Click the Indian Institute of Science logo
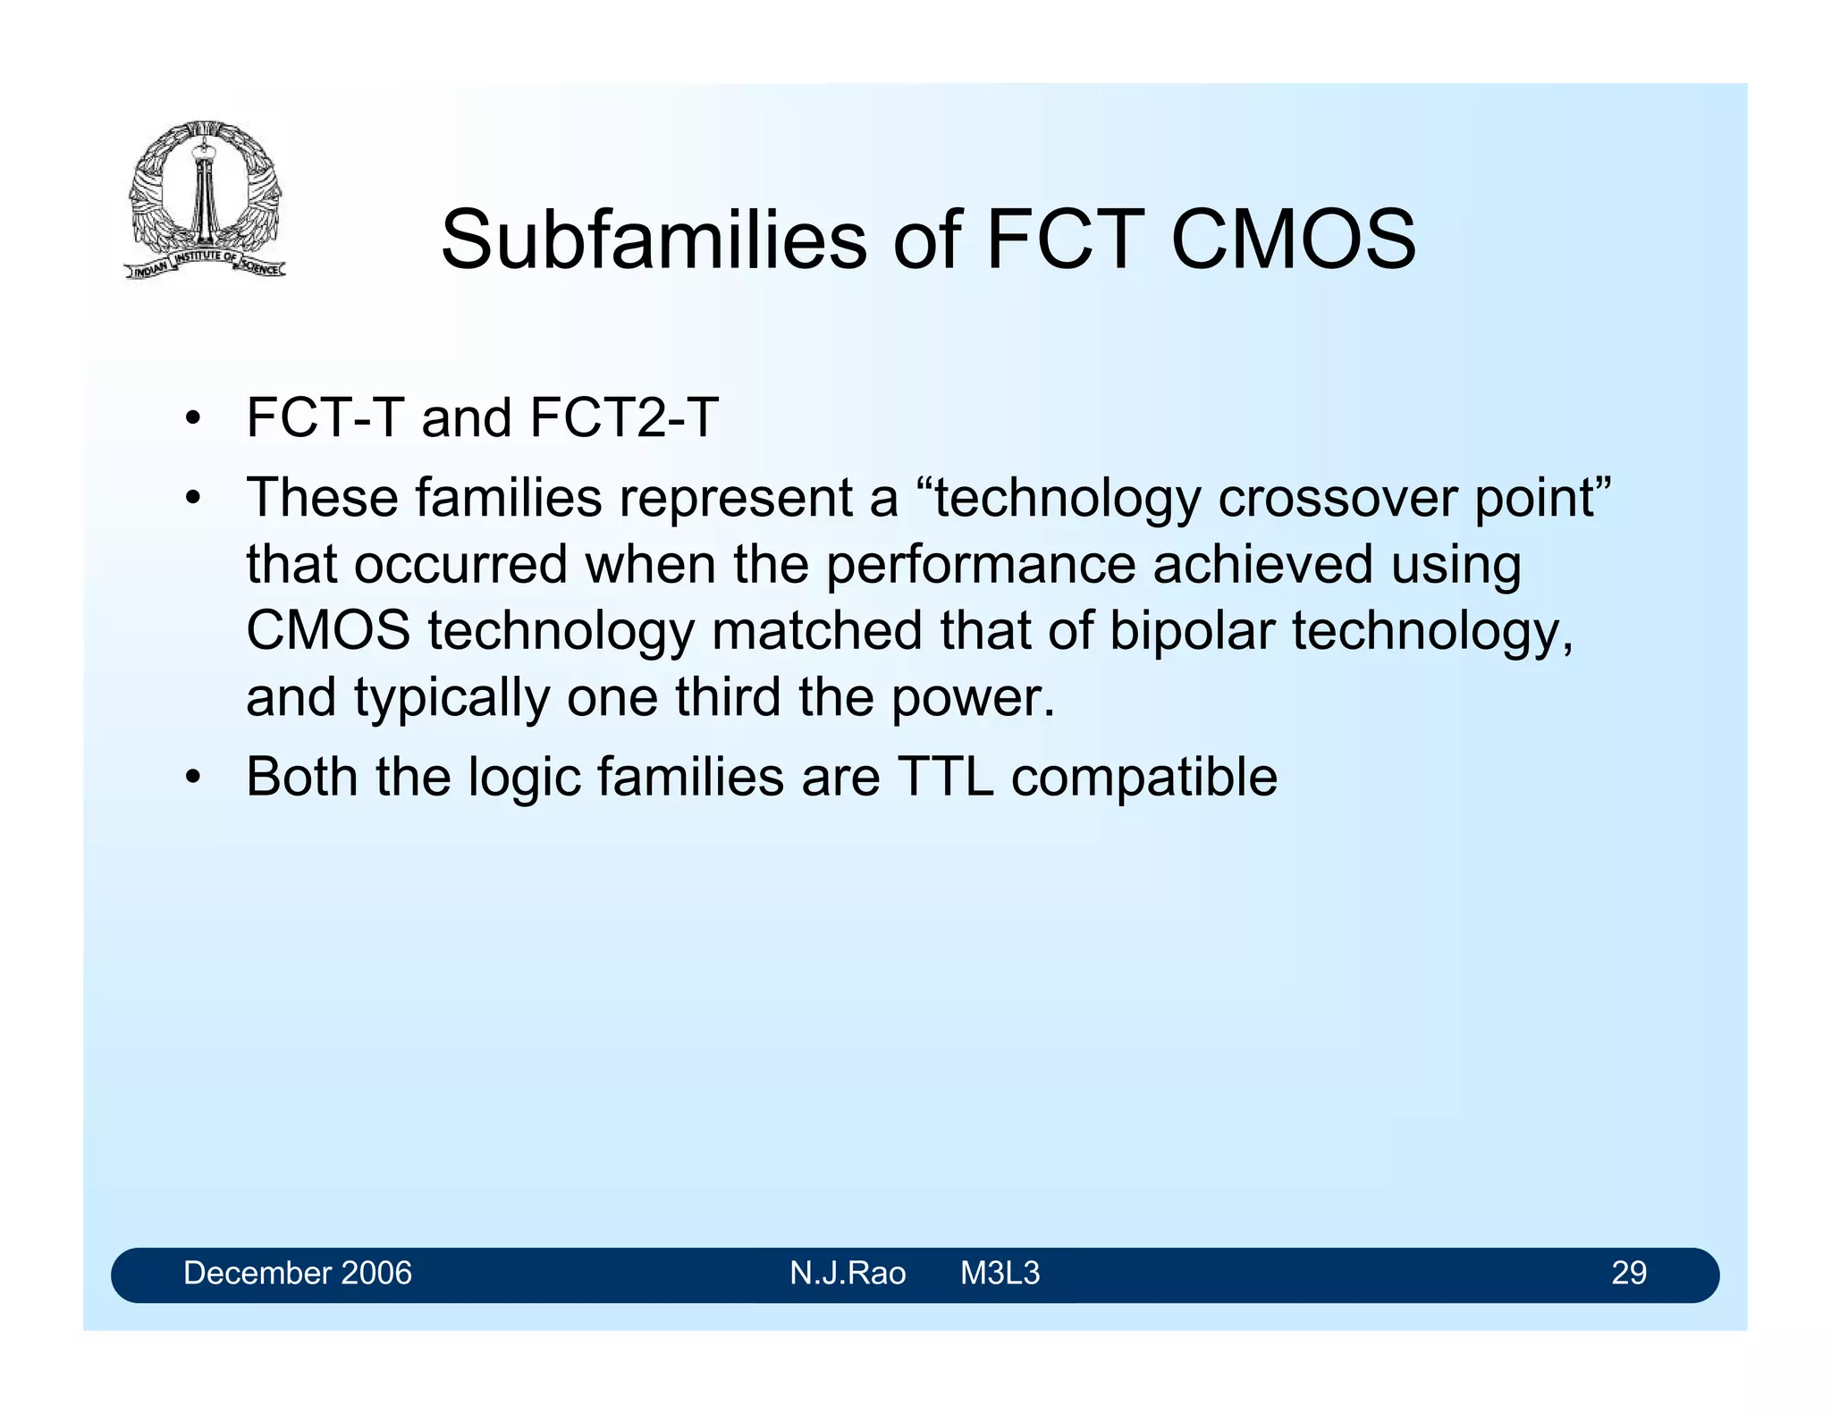(x=205, y=199)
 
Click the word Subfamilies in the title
(x=654, y=240)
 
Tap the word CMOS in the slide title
(x=1293, y=240)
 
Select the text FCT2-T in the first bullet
(x=624, y=417)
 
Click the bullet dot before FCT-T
(x=192, y=419)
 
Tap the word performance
(x=980, y=565)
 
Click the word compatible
(x=1144, y=778)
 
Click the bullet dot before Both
(x=192, y=778)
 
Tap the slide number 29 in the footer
(x=1628, y=1273)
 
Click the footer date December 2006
(x=298, y=1273)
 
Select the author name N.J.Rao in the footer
(x=848, y=1273)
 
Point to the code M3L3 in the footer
(x=1000, y=1273)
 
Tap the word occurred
(x=460, y=565)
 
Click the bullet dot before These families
(x=192, y=499)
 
